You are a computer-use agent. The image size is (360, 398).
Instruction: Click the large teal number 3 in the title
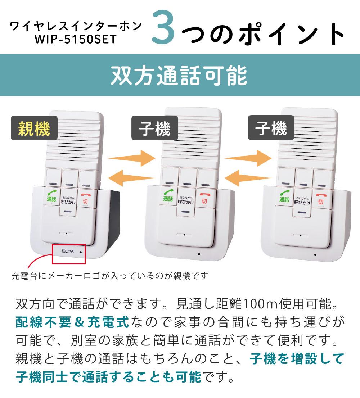[163, 27]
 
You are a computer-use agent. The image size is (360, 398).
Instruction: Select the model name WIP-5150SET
[75, 39]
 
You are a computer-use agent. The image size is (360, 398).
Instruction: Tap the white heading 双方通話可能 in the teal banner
[179, 75]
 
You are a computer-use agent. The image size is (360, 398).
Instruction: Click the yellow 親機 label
[34, 128]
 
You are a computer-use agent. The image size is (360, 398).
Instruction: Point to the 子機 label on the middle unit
[154, 128]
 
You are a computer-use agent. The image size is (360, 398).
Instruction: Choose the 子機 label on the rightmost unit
[271, 128]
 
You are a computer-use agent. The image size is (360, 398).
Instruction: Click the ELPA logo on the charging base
[68, 252]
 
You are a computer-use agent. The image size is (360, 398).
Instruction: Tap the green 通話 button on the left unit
[51, 196]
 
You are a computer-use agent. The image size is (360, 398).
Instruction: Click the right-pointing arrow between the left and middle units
[131, 158]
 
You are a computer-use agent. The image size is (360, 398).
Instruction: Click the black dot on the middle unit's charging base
[199, 254]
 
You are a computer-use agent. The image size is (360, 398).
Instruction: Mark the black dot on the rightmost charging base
[315, 254]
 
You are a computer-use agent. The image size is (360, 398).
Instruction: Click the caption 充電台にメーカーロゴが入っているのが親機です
[110, 276]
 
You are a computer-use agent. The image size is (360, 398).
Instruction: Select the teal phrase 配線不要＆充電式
[72, 322]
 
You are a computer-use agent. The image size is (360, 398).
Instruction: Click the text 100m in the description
[261, 304]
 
